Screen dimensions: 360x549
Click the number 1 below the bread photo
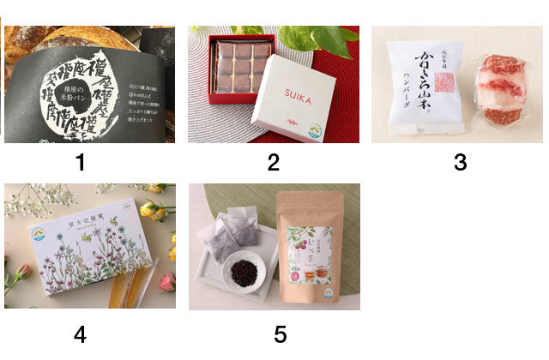tap(81, 162)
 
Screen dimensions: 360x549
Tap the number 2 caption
tap(273, 162)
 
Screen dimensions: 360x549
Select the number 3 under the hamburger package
tap(460, 162)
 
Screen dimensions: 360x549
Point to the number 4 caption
tap(80, 334)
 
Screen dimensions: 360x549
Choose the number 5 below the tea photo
tap(280, 334)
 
